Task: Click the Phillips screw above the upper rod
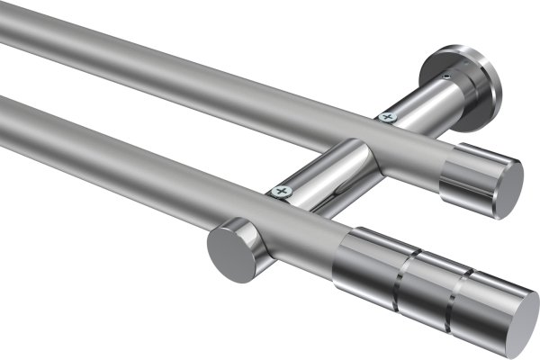(x=388, y=116)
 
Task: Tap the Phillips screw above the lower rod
(x=283, y=191)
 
